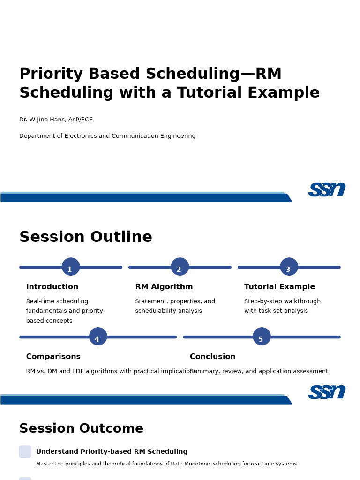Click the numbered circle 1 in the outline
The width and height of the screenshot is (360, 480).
(x=71, y=267)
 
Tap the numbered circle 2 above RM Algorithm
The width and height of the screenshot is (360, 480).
(x=180, y=267)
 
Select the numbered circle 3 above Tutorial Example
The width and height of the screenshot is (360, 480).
(x=289, y=267)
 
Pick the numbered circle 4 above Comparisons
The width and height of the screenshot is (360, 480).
(x=98, y=337)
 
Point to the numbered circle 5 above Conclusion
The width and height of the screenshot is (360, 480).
(x=262, y=337)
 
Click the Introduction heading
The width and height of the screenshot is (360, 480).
(x=52, y=287)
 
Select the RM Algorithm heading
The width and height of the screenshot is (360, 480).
(x=164, y=287)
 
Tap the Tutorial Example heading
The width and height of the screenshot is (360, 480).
(x=279, y=287)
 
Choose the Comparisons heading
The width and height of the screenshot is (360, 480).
(x=53, y=357)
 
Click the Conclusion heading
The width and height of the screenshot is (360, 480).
(x=212, y=357)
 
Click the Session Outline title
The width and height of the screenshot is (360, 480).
(x=86, y=237)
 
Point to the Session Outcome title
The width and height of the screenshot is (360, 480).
(x=81, y=429)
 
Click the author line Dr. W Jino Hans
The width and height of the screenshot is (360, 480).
(x=56, y=120)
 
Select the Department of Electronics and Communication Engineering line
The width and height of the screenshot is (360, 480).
(x=107, y=136)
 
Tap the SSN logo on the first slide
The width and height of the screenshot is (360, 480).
(x=327, y=189)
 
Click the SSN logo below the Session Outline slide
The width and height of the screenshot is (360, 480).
(x=327, y=392)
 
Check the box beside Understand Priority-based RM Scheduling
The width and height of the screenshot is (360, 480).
(x=25, y=451)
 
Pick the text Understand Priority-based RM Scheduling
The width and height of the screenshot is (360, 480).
(x=112, y=452)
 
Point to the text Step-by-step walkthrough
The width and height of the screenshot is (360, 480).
(x=282, y=301)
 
